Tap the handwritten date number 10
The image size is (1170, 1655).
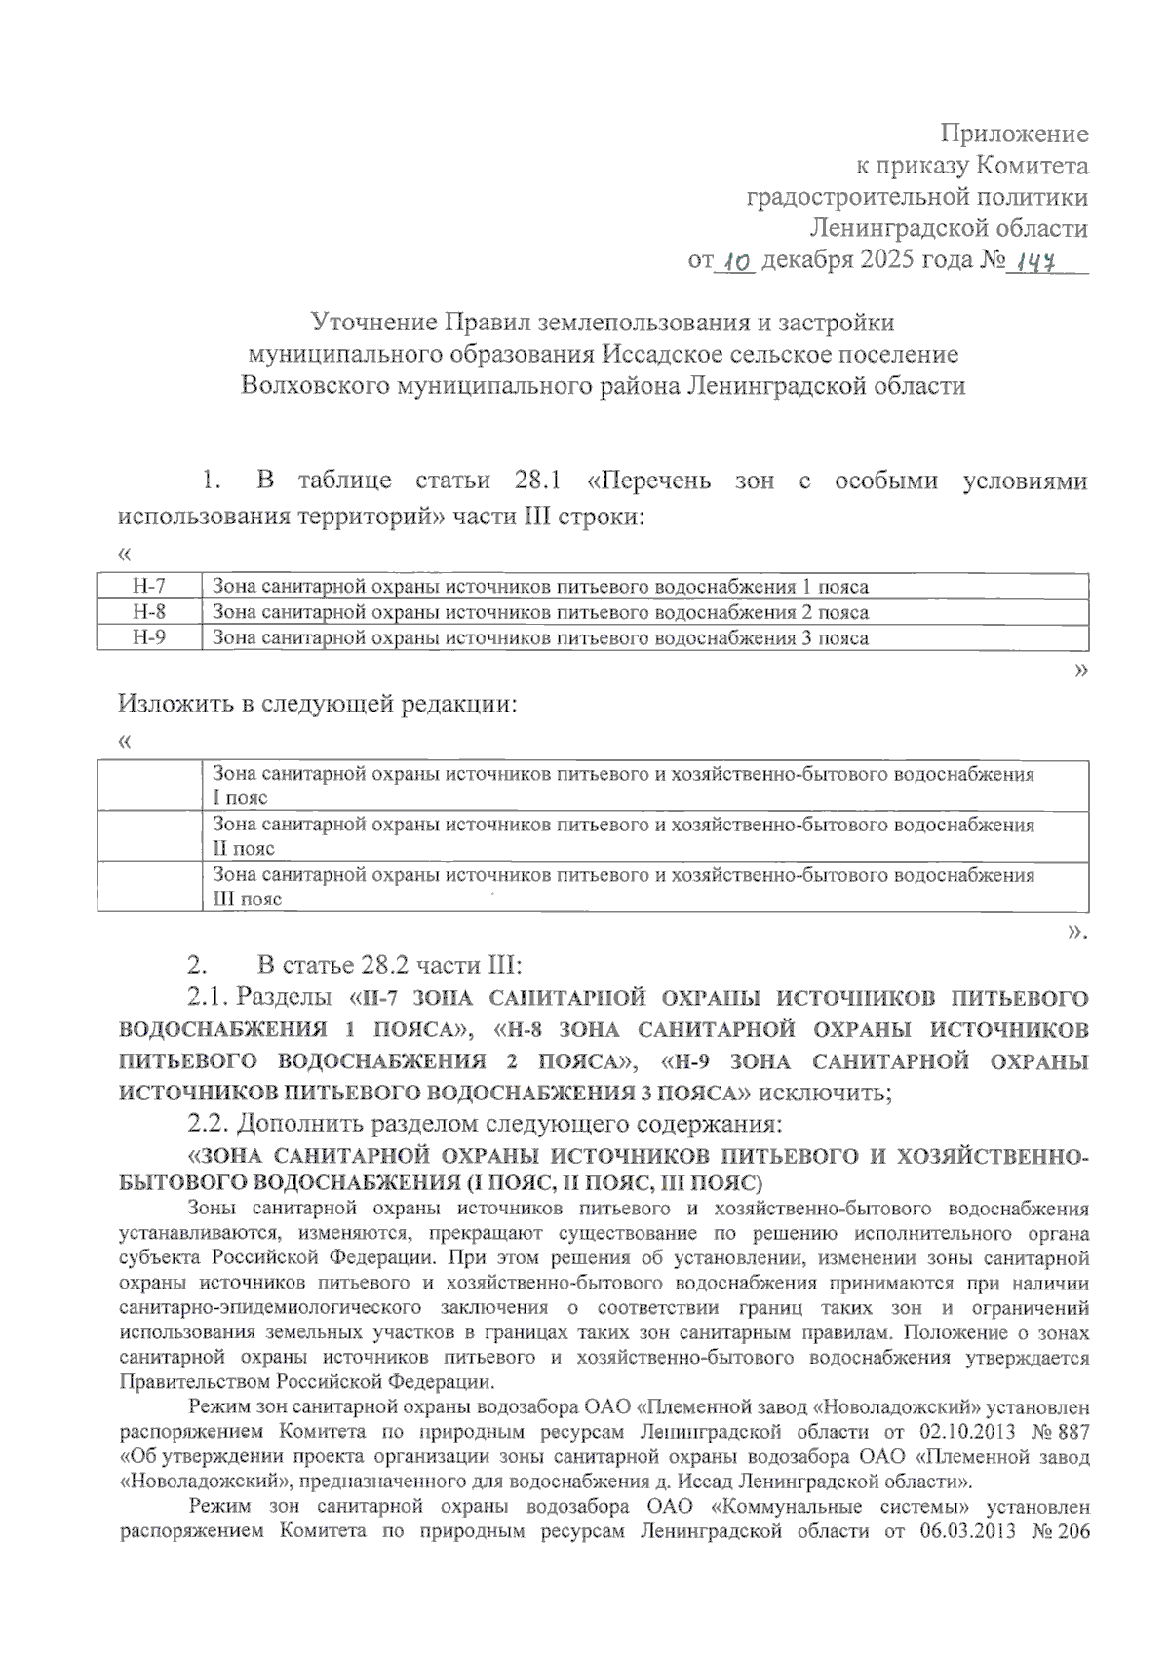click(x=736, y=261)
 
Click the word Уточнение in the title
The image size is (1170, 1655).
click(x=373, y=322)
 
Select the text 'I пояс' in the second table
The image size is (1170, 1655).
click(x=240, y=798)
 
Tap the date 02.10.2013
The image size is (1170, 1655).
click(x=965, y=1432)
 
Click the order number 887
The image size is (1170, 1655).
click(x=1071, y=1432)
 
